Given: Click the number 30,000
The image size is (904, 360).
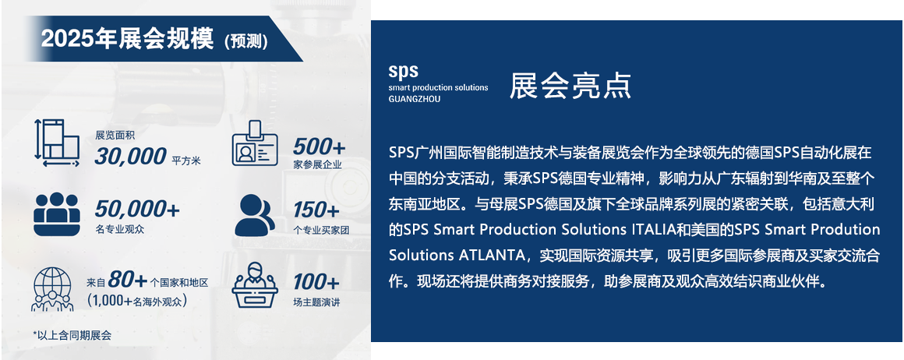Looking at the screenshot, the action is tap(130, 156).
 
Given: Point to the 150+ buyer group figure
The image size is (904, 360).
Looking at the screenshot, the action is tap(316, 210).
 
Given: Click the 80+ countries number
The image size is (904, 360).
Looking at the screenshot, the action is tap(127, 280).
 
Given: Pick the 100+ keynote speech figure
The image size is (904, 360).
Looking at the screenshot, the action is tap(316, 282).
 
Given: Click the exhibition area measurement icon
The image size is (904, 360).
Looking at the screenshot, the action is tap(57, 143).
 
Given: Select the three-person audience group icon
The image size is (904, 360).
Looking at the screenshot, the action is tap(56, 214).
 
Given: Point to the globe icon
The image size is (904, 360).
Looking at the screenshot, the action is tap(52, 288).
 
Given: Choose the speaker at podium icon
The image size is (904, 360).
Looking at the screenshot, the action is tap(255, 285).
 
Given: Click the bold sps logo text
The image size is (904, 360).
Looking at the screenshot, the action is tap(403, 72).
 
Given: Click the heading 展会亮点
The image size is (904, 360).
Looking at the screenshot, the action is tap(570, 86).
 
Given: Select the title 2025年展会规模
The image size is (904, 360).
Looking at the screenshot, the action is tap(127, 39).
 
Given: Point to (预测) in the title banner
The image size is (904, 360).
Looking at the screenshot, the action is tap(245, 41).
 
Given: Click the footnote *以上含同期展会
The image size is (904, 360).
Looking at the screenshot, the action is tap(72, 334).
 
